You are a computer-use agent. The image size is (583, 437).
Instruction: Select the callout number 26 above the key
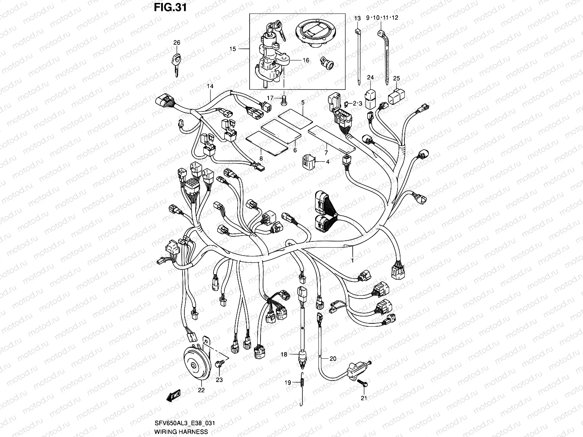(x=177, y=43)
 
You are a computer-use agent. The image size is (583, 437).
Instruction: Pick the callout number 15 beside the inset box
(x=233, y=48)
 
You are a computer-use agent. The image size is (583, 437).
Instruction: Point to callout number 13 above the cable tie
(x=357, y=18)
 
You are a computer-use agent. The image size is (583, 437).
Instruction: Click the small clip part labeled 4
(x=308, y=162)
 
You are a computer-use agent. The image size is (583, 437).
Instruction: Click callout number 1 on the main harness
(x=352, y=260)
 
